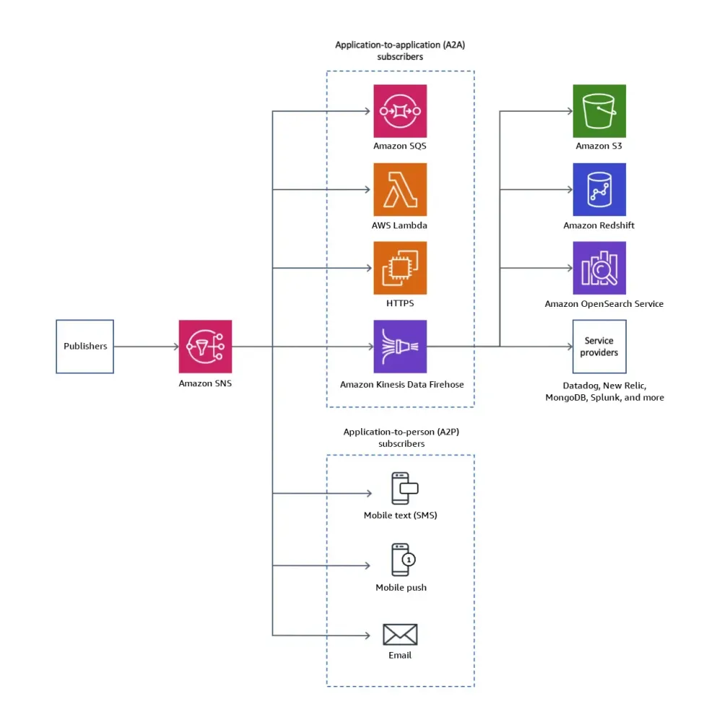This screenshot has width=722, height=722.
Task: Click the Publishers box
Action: [x=85, y=347]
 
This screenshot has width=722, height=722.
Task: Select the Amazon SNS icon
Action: [x=205, y=347]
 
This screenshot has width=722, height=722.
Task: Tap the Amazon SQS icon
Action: [x=400, y=111]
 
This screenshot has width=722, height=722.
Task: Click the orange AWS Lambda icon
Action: [x=400, y=189]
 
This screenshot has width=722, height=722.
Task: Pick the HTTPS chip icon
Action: [x=400, y=268]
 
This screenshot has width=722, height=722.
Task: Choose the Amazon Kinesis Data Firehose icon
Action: [x=400, y=347]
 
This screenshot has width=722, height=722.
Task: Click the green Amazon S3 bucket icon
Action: [x=599, y=111]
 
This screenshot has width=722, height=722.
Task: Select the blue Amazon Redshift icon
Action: [x=599, y=189]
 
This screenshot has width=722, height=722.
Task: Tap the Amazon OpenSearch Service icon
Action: [x=599, y=268]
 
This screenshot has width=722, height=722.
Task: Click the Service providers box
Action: [x=599, y=347]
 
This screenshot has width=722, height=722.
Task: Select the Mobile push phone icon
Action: [x=401, y=560]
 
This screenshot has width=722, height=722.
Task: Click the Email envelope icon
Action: [x=400, y=635]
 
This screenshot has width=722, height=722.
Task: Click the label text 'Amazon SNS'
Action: [x=205, y=383]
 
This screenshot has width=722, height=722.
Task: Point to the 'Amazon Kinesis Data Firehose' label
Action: [x=401, y=385]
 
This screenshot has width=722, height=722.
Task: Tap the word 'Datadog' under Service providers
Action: [x=583, y=386]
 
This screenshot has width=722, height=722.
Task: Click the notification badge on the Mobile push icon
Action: [x=409, y=559]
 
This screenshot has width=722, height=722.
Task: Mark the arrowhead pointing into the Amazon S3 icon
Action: [x=569, y=111]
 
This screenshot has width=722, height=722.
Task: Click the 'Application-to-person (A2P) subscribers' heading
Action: [x=401, y=438]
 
